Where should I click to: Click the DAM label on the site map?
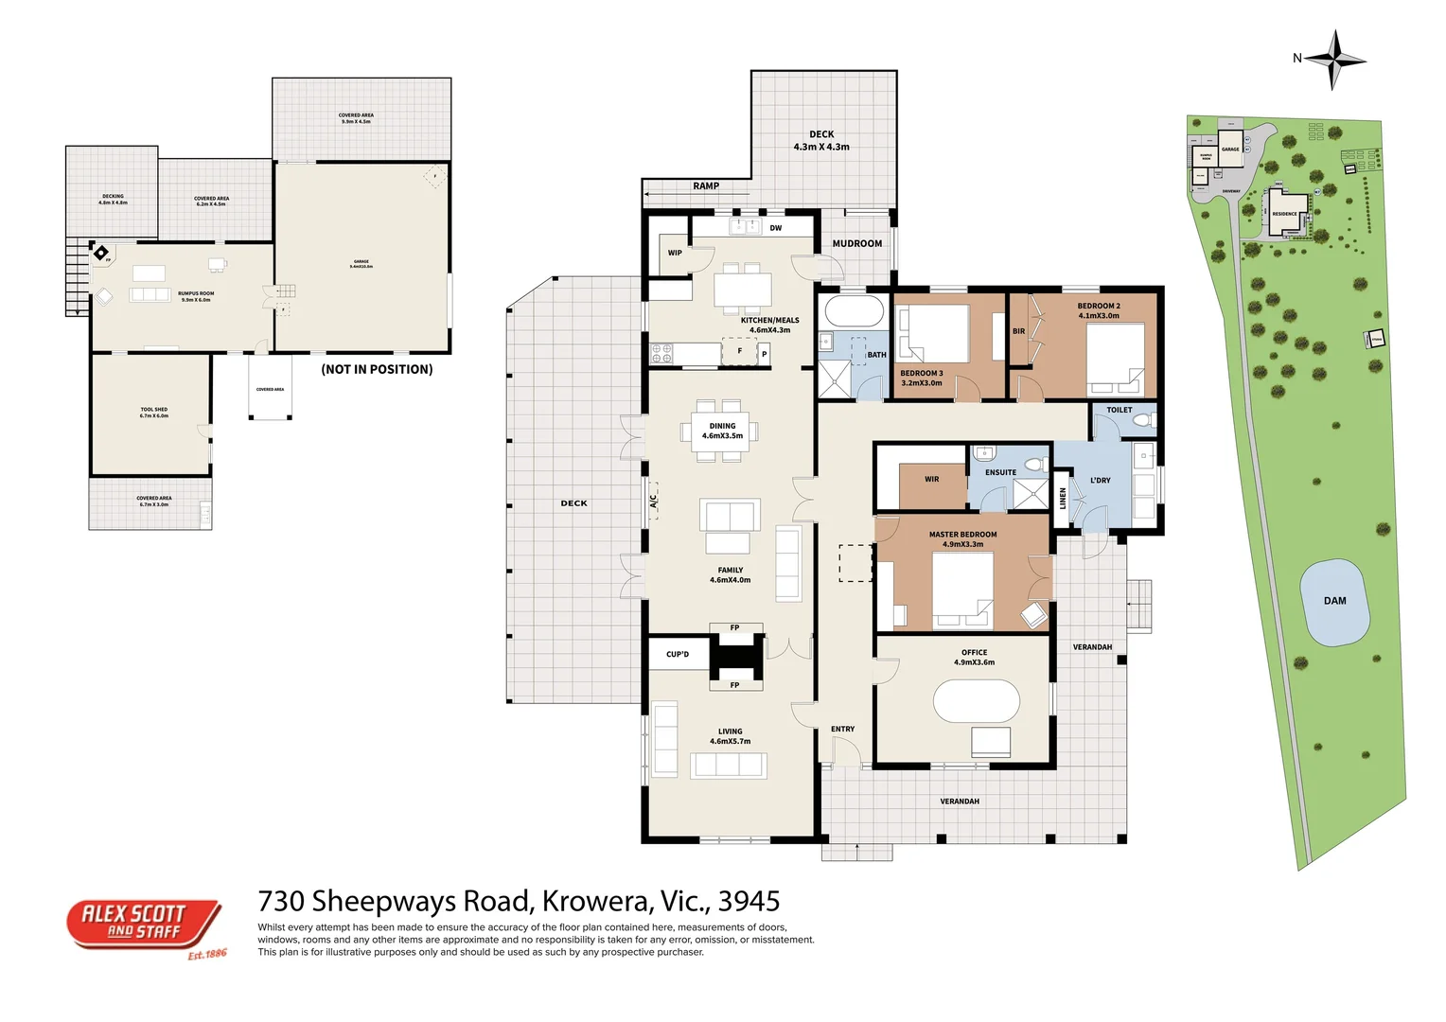click(1334, 601)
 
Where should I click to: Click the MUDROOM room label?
click(856, 244)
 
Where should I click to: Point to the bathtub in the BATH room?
click(853, 310)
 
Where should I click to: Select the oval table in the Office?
click(976, 701)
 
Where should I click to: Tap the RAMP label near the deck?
click(706, 186)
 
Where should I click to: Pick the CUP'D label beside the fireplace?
click(678, 655)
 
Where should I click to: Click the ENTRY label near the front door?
click(842, 730)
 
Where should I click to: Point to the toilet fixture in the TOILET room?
click(1142, 418)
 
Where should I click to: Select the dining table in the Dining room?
click(722, 432)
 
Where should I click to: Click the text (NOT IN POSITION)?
click(377, 370)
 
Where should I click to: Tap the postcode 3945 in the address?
click(749, 901)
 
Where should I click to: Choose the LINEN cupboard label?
click(1063, 499)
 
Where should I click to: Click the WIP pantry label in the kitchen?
click(675, 253)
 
